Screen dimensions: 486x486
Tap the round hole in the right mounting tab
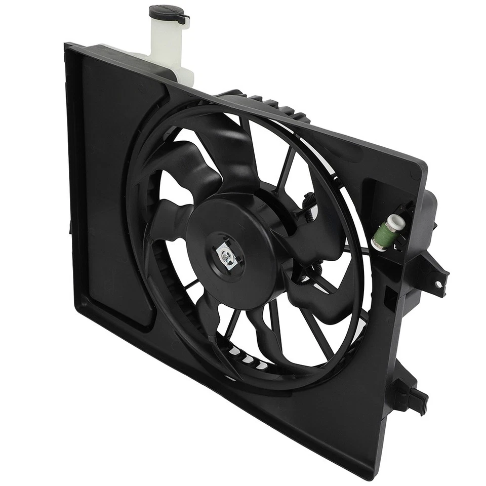click(x=439, y=284)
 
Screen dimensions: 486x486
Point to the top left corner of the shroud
click(x=67, y=47)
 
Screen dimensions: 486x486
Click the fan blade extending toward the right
click(x=324, y=294)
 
